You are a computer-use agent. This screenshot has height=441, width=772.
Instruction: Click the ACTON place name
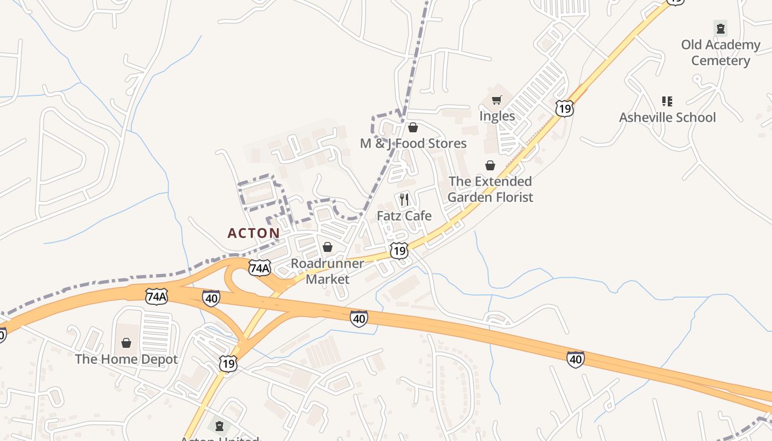(x=254, y=233)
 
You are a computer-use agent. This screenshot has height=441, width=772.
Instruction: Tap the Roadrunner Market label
(x=328, y=271)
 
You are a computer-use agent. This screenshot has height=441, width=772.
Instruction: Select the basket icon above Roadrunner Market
(x=328, y=246)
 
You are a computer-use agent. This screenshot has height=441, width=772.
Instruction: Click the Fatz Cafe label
(x=404, y=216)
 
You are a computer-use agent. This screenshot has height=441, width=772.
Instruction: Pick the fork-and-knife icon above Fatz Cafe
(x=404, y=199)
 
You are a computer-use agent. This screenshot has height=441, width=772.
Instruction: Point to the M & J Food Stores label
(x=413, y=143)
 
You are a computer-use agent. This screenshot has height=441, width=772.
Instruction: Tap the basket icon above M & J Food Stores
(x=413, y=128)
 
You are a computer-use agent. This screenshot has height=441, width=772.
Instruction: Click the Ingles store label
(x=497, y=116)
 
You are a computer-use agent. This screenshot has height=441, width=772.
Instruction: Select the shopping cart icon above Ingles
(x=497, y=100)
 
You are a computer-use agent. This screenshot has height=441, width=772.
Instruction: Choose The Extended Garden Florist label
(x=490, y=189)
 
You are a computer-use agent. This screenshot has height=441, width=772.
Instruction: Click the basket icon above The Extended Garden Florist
(x=490, y=165)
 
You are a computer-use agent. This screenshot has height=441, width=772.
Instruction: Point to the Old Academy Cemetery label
(x=721, y=52)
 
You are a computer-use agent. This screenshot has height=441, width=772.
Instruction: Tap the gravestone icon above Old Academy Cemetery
(x=720, y=28)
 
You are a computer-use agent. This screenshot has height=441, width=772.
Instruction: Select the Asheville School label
(x=667, y=117)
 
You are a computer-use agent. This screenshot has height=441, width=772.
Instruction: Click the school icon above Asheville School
(x=667, y=101)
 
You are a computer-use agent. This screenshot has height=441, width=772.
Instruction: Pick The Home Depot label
(x=126, y=359)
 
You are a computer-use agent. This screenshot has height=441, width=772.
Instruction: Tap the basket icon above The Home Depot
(x=126, y=343)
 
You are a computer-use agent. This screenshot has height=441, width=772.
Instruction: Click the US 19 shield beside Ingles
(x=564, y=108)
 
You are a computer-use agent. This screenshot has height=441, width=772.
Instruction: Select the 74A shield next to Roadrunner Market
(x=259, y=268)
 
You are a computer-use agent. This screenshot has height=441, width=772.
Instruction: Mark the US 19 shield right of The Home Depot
(x=228, y=363)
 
